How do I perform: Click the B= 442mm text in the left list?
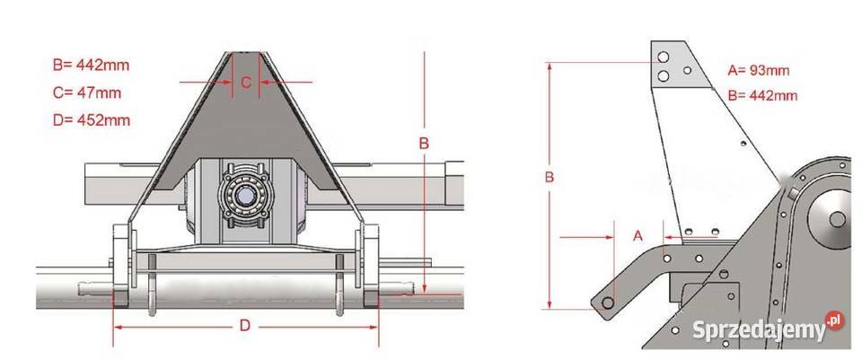(92, 66)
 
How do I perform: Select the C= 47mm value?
(87, 92)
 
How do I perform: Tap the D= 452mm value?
(92, 120)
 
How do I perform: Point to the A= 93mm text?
(759, 70)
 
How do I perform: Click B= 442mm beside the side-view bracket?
(762, 96)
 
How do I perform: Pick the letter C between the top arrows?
(246, 83)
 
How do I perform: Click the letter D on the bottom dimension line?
(245, 326)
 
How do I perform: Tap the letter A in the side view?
(638, 236)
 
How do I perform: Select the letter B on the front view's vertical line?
(424, 144)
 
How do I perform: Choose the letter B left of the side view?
(550, 178)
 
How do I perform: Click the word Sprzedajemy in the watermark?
(758, 329)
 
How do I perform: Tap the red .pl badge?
(834, 320)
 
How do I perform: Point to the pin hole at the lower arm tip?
(608, 303)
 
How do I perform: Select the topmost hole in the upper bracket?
(664, 57)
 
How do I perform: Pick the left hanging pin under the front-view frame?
(152, 285)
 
